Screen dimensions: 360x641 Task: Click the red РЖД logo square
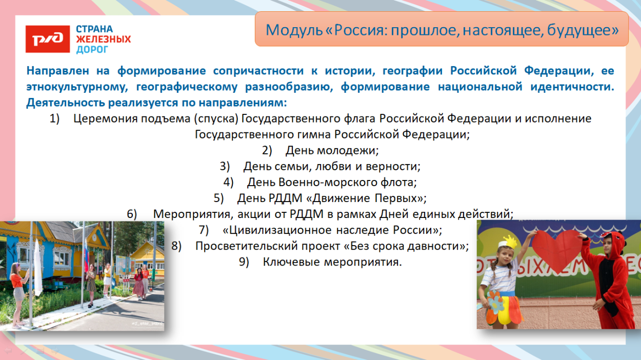pos(48,39)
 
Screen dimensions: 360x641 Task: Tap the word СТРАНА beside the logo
pos(94,29)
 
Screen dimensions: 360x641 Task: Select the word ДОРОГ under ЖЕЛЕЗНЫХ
pos(92,50)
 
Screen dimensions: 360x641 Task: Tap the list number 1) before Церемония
pos(55,119)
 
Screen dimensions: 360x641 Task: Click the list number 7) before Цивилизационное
pos(204,230)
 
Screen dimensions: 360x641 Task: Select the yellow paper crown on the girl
pos(510,241)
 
